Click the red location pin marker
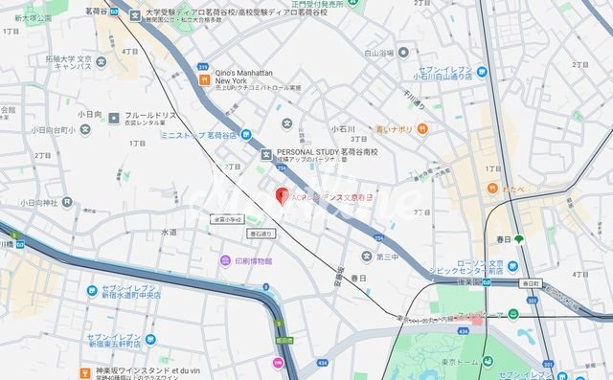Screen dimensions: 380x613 282,196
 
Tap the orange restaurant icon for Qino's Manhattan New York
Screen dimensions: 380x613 204,82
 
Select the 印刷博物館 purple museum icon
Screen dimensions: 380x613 226,260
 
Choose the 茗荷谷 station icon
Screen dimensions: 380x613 115,11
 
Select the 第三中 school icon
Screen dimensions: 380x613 366,257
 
